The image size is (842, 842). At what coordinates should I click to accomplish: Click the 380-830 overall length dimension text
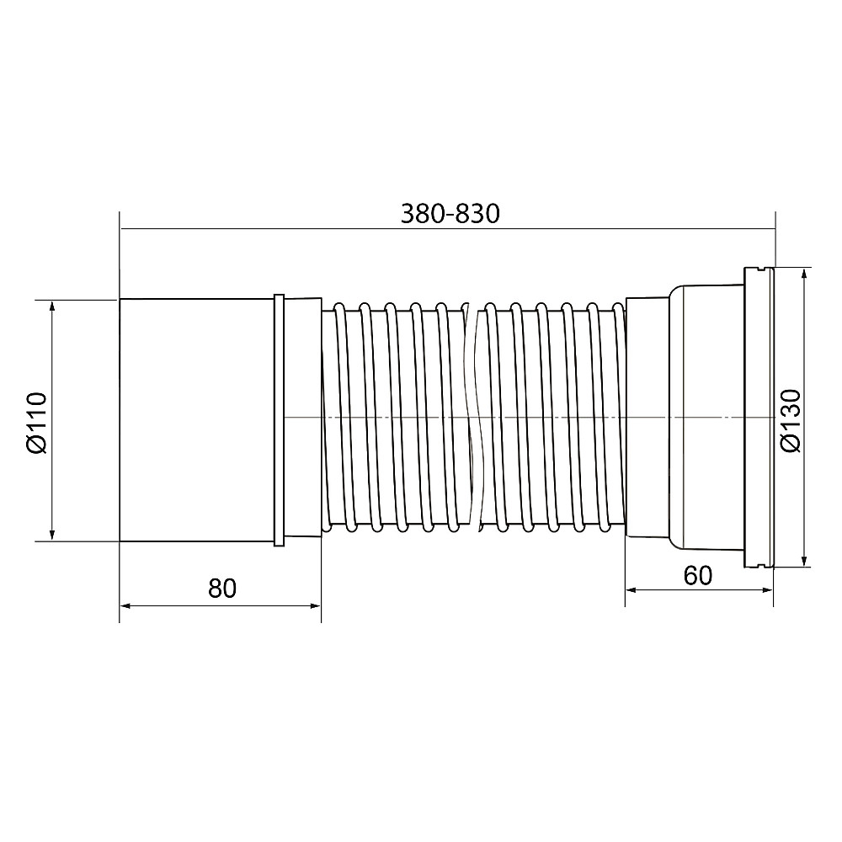[450, 214]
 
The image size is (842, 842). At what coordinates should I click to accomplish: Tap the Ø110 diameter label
[37, 424]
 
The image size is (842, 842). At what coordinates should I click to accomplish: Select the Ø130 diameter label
[791, 421]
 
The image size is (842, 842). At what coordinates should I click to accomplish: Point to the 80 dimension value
[221, 589]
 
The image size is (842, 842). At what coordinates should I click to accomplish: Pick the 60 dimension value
[697, 576]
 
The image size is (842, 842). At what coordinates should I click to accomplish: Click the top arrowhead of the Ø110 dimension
[52, 305]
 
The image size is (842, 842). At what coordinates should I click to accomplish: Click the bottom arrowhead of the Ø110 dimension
[52, 536]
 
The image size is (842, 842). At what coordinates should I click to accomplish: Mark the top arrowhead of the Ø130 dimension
[804, 272]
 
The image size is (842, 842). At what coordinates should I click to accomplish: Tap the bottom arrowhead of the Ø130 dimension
[804, 561]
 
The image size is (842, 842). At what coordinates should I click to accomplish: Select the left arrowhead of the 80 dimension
[125, 605]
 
